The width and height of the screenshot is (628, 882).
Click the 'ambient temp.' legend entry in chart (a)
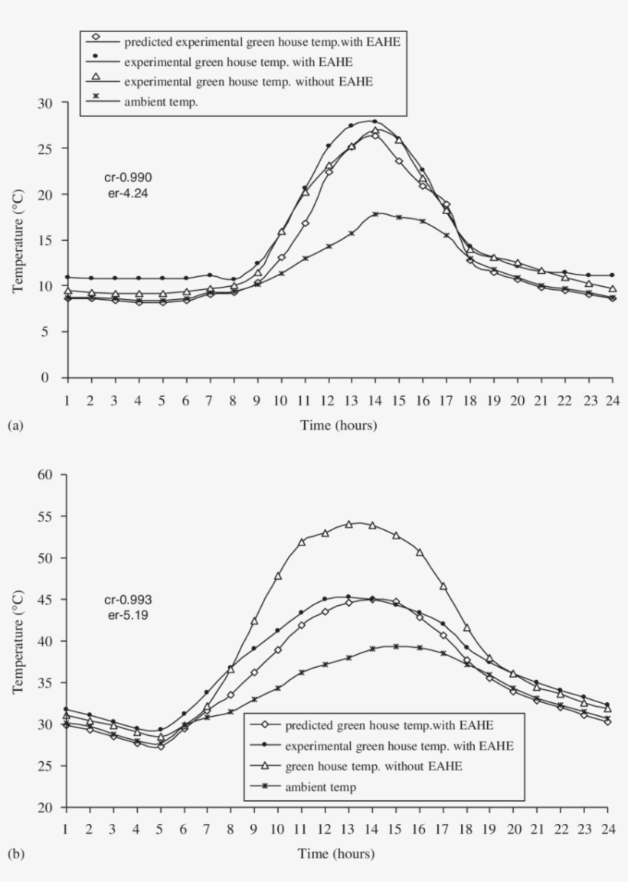tap(161, 102)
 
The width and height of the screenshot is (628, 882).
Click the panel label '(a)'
tap(14, 427)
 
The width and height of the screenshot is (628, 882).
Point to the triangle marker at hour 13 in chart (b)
tap(348, 524)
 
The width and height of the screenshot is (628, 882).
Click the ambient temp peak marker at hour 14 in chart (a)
tap(375, 214)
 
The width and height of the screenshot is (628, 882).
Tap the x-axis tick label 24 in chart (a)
tap(611, 400)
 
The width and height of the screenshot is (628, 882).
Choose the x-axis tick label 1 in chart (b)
tap(67, 829)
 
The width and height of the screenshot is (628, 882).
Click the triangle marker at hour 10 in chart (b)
tap(278, 575)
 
